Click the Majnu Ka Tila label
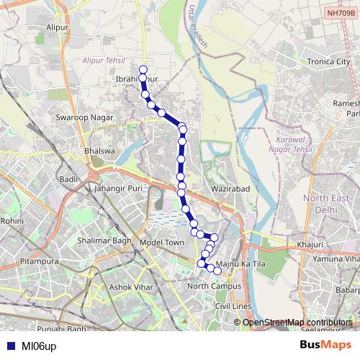[241, 265]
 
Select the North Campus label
[213, 287]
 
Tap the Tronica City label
[325, 62]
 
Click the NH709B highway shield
[341, 12]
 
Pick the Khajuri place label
[310, 245]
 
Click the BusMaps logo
[325, 345]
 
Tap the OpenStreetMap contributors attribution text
[297, 322]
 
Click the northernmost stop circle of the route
[143, 70]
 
